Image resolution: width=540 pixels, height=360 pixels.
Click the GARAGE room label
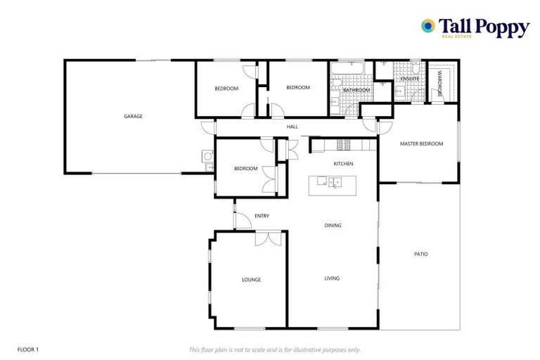click(133, 116)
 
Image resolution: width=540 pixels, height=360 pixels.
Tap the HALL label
click(292, 127)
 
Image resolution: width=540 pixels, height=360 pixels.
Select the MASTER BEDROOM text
click(421, 143)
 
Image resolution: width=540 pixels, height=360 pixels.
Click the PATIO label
click(420, 254)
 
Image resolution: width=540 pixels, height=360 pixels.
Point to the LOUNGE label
click(251, 280)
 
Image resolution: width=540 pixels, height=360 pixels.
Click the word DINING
click(333, 226)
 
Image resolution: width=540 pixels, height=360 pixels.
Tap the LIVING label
click(332, 278)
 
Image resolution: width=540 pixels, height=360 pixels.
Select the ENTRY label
click(262, 216)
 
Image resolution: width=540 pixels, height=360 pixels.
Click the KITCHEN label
click(343, 164)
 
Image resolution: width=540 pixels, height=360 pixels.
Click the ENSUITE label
click(410, 79)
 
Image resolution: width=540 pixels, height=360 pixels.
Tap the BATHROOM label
click(356, 91)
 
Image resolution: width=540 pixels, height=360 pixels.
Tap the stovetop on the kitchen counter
click(345, 144)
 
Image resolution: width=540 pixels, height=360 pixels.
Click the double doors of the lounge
click(268, 239)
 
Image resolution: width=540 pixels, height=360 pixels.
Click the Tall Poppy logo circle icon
click(427, 26)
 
